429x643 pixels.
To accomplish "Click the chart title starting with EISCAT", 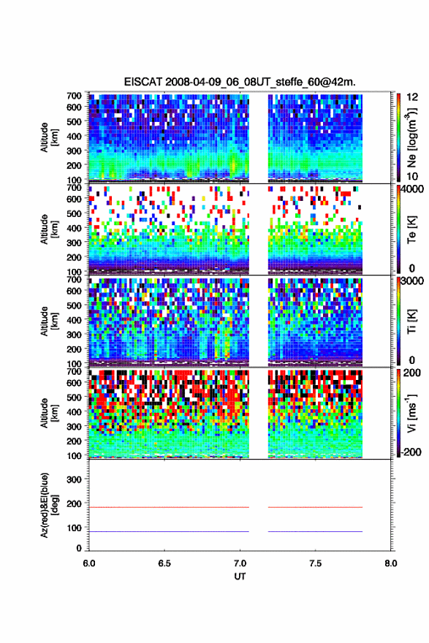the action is [x=240, y=82].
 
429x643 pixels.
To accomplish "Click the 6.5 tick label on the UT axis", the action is [x=164, y=563].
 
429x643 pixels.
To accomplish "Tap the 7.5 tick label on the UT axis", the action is [x=315, y=563].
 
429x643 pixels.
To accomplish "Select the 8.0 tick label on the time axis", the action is [x=391, y=563].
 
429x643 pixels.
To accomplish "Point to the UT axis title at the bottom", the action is [x=240, y=577].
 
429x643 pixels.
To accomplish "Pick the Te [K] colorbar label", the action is [x=411, y=229].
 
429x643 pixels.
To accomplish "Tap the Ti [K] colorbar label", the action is [x=411, y=321].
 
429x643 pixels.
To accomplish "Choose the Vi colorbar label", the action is [x=411, y=414].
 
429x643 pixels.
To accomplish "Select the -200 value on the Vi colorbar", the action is [x=411, y=452].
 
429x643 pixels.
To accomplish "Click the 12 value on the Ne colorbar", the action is [x=413, y=98].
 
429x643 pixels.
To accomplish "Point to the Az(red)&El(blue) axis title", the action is [x=48, y=505].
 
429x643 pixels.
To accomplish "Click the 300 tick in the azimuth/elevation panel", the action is [x=74, y=479].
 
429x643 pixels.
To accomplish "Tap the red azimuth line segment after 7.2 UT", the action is [x=316, y=507].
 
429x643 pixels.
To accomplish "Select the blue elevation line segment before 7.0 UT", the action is [x=169, y=531].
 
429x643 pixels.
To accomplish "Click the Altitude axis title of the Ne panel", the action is [x=48, y=137].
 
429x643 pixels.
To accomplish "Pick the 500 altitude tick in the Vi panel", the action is [x=74, y=397].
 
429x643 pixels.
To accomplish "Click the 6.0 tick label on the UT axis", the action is [x=89, y=563].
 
